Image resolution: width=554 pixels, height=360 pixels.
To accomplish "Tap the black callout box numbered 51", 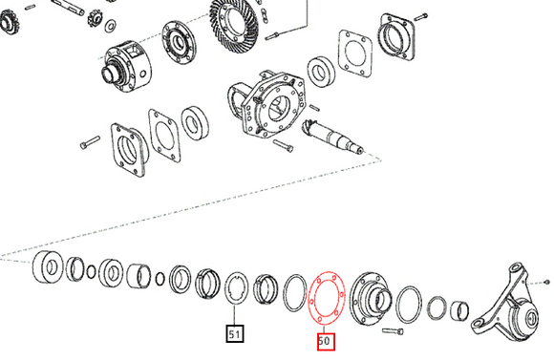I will coord(234,334).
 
